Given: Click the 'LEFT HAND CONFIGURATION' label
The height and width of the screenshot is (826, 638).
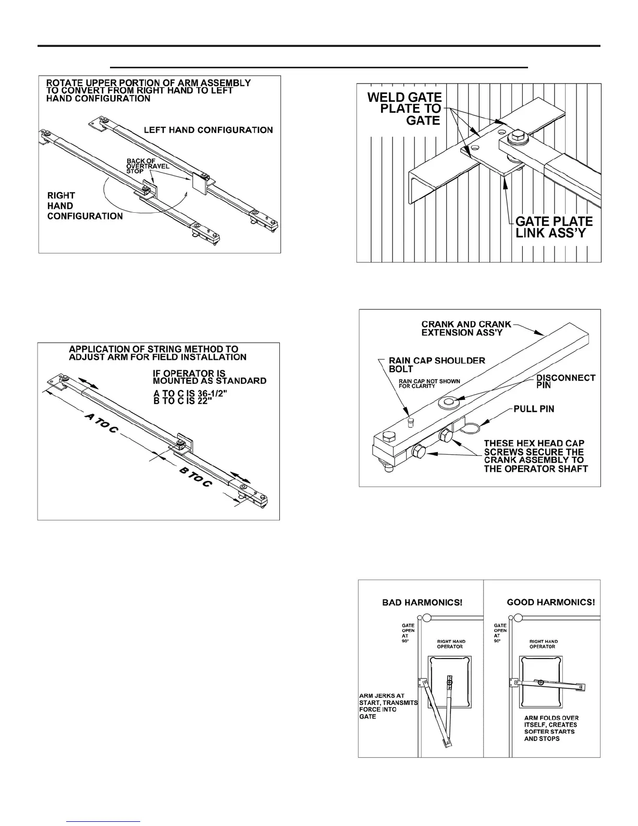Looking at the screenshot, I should click(x=208, y=130).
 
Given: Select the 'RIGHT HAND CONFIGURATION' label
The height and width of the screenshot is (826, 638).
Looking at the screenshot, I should click(x=85, y=205).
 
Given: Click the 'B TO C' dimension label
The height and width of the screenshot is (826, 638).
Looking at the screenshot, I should click(x=196, y=477).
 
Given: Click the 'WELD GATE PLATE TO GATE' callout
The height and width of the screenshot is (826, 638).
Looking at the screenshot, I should click(x=405, y=108).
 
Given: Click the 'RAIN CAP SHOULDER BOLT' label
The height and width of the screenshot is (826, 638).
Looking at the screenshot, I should click(x=437, y=365).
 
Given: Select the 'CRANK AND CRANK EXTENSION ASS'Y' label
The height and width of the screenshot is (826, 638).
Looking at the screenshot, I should click(x=466, y=328).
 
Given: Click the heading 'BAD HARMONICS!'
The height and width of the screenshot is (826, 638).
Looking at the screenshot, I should click(x=422, y=602).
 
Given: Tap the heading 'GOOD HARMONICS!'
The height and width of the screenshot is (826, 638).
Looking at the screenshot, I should click(x=550, y=602).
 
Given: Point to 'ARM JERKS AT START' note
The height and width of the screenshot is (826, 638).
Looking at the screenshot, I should click(x=388, y=706).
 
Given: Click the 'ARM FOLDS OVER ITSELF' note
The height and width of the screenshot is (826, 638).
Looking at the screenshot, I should click(x=551, y=728).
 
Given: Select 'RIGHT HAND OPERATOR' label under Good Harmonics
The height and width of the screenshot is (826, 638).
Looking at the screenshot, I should click(x=543, y=644).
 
